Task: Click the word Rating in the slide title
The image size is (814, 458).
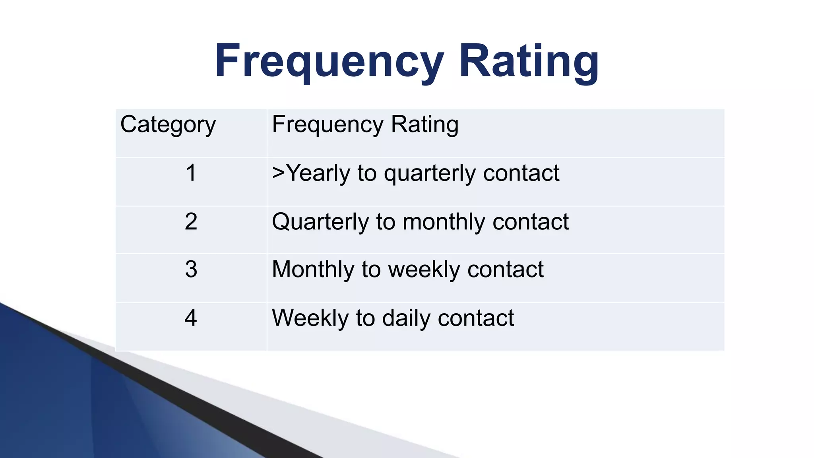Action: (529, 62)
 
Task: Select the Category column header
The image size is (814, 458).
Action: (168, 125)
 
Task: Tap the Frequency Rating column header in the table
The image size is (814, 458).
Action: (365, 125)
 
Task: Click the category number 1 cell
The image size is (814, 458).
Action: (191, 173)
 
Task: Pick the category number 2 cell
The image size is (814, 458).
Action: (191, 222)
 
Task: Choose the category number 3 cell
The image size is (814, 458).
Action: (191, 270)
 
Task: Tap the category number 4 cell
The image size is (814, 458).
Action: (191, 318)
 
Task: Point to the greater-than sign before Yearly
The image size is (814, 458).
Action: (279, 173)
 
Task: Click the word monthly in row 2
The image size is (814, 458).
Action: (444, 222)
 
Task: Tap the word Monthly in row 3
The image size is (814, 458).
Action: (313, 270)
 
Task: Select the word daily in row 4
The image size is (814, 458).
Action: (406, 318)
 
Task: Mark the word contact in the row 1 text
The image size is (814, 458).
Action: (521, 173)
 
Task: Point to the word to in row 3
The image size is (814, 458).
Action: (371, 270)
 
